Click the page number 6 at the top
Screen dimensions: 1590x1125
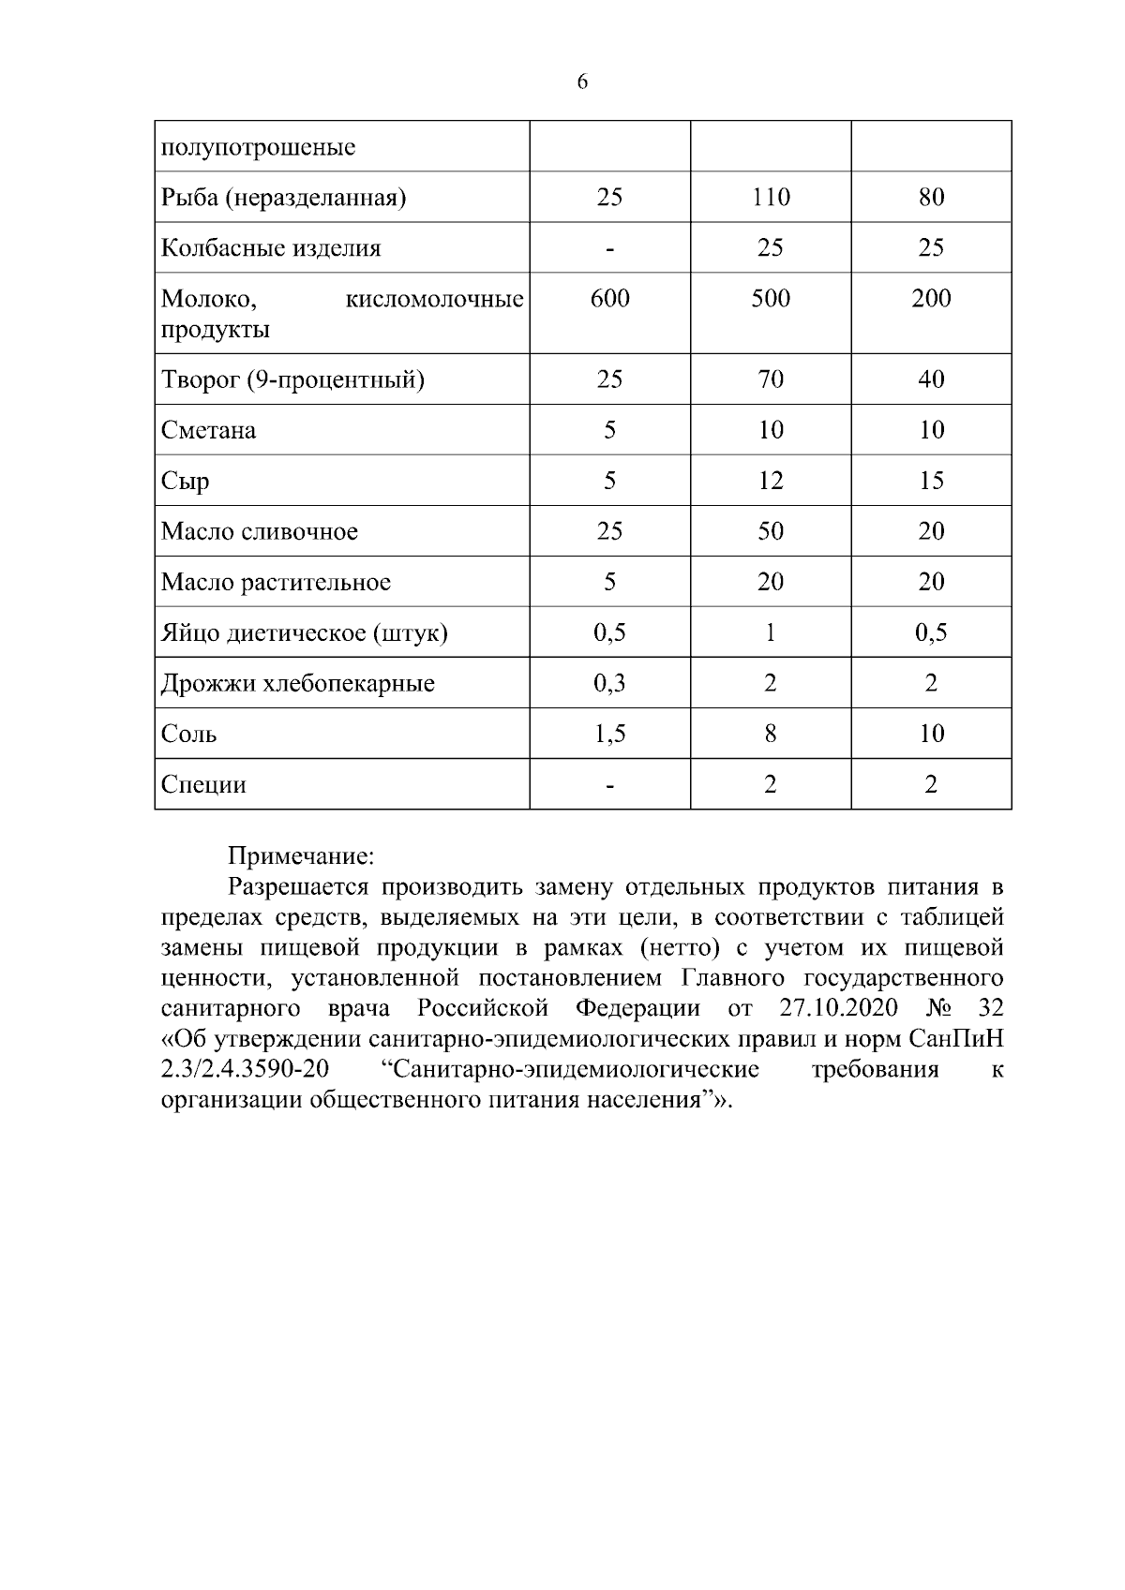pos(582,82)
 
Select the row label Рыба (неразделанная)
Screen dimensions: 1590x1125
pos(283,198)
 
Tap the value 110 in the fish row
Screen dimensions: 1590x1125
pos(771,197)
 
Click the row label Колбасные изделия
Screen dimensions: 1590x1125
pos(271,248)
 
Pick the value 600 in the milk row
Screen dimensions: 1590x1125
pos(609,298)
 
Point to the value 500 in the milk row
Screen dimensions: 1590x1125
pos(771,298)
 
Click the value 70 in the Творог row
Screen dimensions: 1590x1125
pos(771,379)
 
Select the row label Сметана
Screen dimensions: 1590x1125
pos(208,430)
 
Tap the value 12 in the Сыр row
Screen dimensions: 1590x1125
pos(771,481)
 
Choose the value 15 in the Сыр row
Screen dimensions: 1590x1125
pos(931,481)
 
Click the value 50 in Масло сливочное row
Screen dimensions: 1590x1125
pos(771,531)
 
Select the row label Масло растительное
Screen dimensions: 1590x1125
pos(276,582)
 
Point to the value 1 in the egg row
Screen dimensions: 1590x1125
pos(771,632)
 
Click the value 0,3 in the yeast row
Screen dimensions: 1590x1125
pos(609,683)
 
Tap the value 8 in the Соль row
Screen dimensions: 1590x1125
pos(771,734)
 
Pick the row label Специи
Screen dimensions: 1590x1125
pos(203,784)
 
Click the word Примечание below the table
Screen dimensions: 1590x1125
pos(301,856)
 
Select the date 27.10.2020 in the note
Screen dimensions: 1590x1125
pos(837,1008)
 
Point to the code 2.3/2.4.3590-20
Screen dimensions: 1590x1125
pos(245,1069)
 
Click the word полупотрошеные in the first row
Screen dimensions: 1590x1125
pos(258,148)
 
